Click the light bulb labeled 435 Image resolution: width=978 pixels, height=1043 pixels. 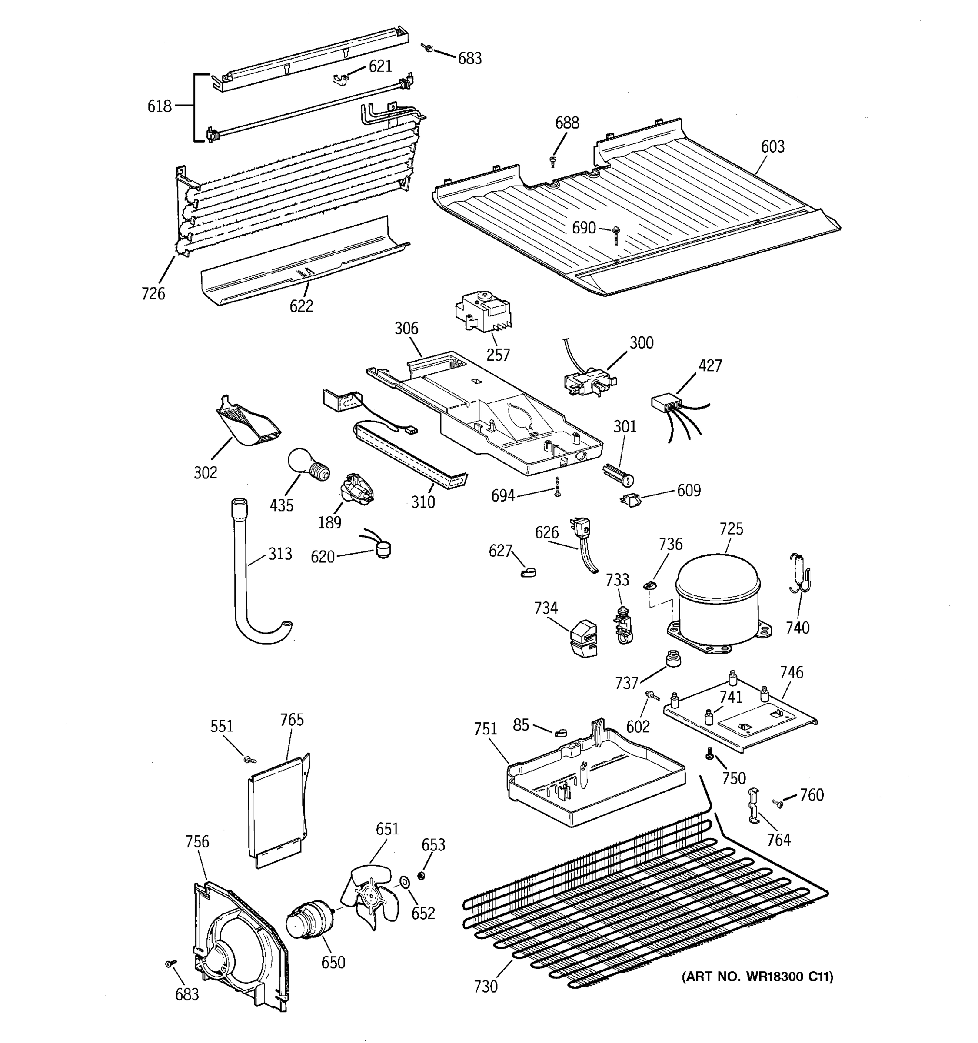[307, 463]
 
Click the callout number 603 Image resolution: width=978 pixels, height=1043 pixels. [772, 146]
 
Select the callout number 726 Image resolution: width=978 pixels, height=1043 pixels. [153, 293]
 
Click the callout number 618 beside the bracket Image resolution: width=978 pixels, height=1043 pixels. [159, 106]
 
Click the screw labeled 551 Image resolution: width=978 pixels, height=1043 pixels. [249, 759]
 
